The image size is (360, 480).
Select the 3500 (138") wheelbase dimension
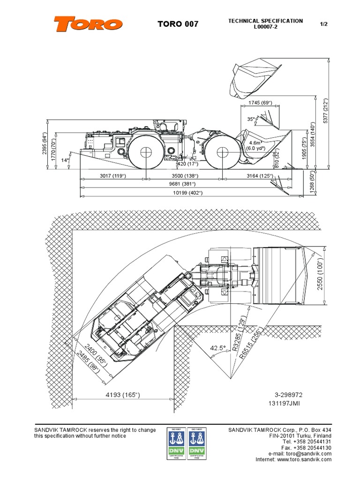pos(183,176)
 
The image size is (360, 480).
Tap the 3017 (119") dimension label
pos(112,176)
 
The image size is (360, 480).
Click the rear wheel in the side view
pos(146,150)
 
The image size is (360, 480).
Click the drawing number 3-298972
pos(289,395)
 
